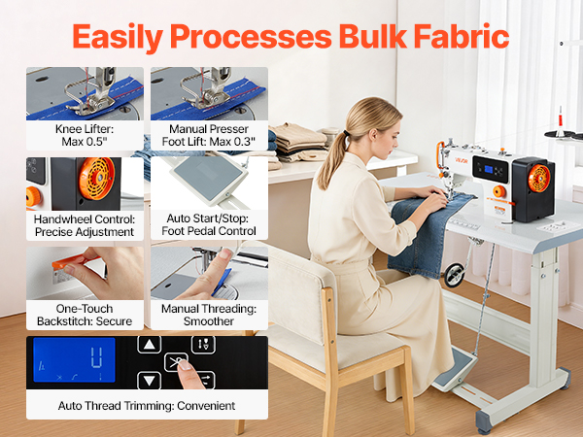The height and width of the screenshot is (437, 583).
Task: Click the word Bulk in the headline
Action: pyautogui.click(x=372, y=36)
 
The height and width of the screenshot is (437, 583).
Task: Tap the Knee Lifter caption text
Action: pyautogui.click(x=85, y=135)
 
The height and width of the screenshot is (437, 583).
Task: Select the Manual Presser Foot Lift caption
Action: pyautogui.click(x=209, y=135)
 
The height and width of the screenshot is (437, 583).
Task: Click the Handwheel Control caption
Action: pyautogui.click(x=85, y=225)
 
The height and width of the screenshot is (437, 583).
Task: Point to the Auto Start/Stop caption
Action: pyautogui.click(x=209, y=224)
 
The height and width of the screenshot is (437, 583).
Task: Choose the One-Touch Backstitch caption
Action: pyautogui.click(x=85, y=315)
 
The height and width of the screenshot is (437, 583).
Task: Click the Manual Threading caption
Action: pyautogui.click(x=209, y=315)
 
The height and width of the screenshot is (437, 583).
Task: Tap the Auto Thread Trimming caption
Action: pyautogui.click(x=147, y=405)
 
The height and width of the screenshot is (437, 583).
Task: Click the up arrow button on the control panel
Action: pyautogui.click(x=149, y=345)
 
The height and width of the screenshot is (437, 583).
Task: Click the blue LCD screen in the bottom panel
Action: pyautogui.click(x=74, y=359)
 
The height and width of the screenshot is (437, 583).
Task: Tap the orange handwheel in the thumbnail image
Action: pyautogui.click(x=96, y=178)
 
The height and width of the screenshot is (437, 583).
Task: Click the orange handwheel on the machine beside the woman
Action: pyautogui.click(x=538, y=179)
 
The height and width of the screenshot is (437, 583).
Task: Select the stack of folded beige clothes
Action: pyautogui.click(x=299, y=143)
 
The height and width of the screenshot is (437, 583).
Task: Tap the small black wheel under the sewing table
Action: pyautogui.click(x=455, y=275)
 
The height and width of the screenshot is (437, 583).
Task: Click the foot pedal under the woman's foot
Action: pyautogui.click(x=455, y=370)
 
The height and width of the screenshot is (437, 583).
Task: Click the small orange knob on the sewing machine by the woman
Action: pyautogui.click(x=498, y=191)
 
